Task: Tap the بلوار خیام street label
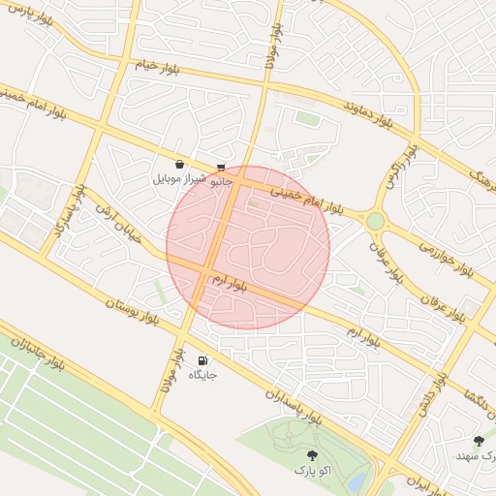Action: [x=158, y=68]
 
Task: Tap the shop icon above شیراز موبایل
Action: [x=180, y=165]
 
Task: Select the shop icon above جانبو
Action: [x=222, y=167]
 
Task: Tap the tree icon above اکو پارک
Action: [x=311, y=454]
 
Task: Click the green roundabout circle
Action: [x=375, y=221]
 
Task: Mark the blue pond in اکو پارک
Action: [x=356, y=480]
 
